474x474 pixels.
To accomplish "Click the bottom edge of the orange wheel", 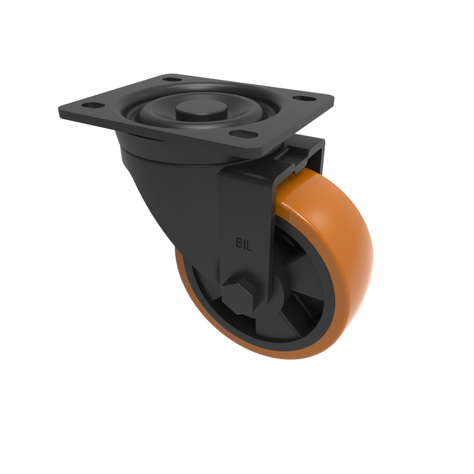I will click(x=284, y=355).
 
